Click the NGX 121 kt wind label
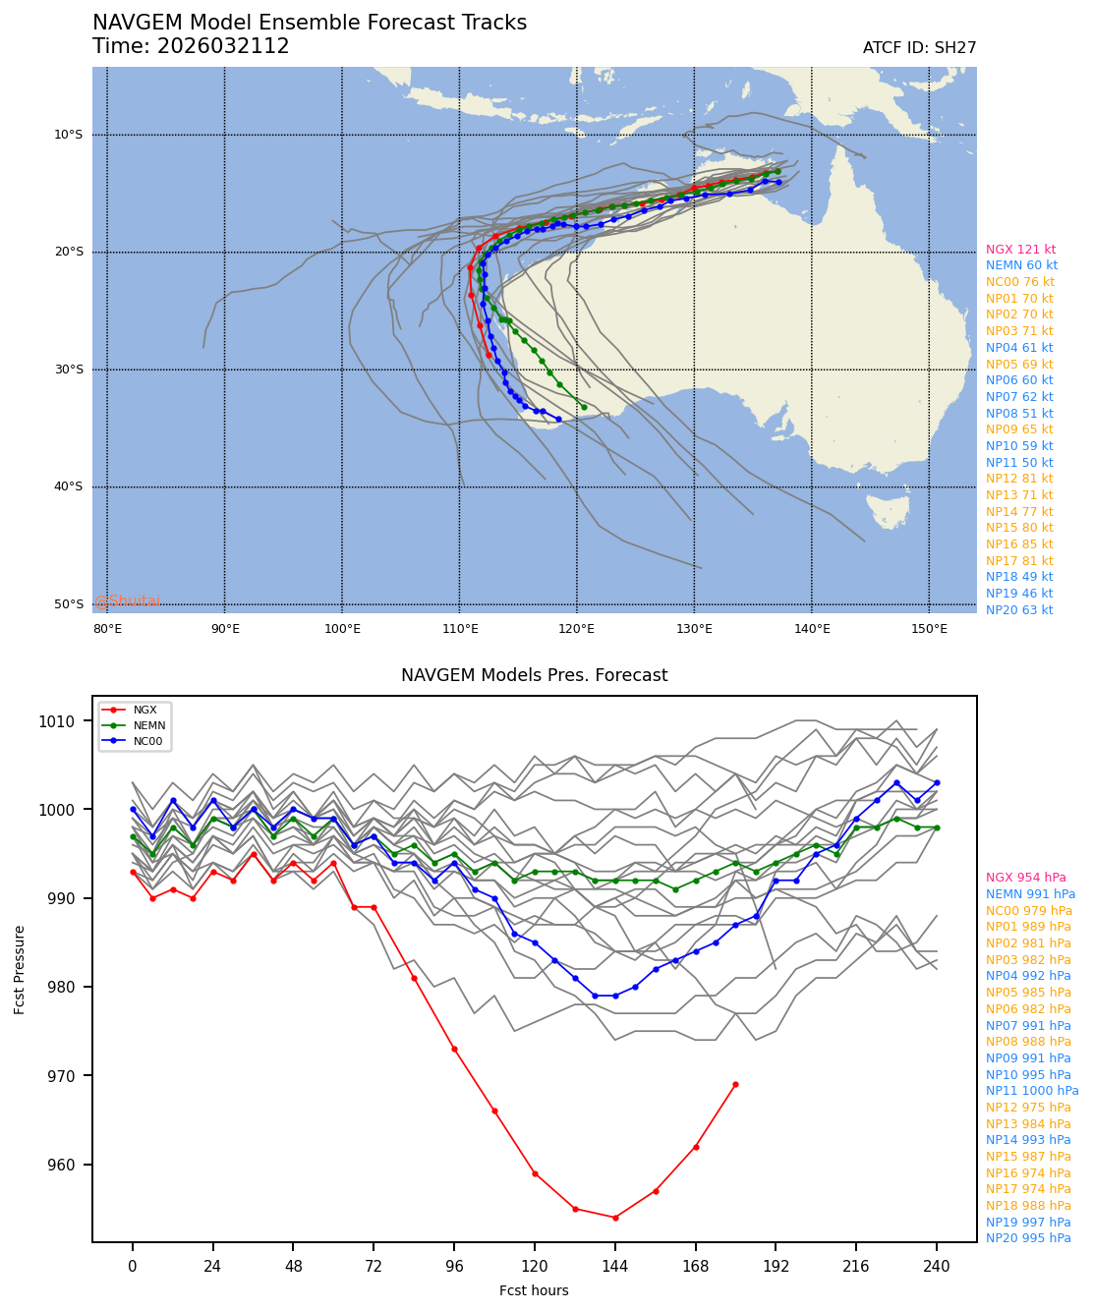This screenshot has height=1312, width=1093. coord(1020,250)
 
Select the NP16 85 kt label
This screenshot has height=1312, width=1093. coord(1019,544)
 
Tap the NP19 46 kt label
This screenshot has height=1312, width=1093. coord(1019,594)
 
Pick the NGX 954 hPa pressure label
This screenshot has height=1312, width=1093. coord(1026,878)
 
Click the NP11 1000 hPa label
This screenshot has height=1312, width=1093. coord(1032,1091)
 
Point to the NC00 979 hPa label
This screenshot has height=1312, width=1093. coord(1029,911)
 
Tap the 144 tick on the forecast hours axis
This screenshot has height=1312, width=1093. coord(615,1268)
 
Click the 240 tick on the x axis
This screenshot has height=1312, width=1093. coord(937,1268)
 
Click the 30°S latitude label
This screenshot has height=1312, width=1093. coord(68,370)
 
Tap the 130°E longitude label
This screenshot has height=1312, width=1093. coord(694,628)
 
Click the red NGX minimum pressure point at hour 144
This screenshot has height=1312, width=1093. coord(615,1218)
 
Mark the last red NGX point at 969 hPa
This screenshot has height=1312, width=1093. coord(735,1085)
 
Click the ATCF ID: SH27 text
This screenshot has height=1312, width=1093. coord(919,48)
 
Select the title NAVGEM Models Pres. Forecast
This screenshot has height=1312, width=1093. coord(534,676)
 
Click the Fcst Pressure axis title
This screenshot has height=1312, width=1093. coord(20,969)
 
